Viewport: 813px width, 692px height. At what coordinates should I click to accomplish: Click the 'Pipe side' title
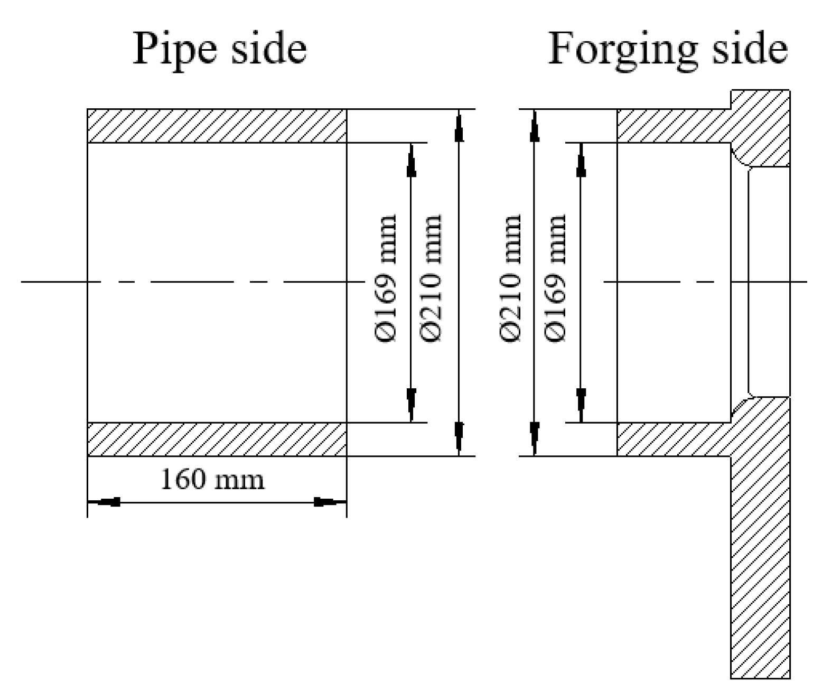click(219, 49)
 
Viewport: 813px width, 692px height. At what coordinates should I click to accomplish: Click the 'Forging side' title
click(668, 49)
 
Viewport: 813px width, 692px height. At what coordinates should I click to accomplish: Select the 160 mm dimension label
click(212, 480)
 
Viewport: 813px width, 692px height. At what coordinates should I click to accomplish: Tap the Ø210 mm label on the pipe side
click(432, 278)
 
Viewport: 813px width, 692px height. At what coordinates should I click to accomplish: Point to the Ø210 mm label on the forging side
click(510, 278)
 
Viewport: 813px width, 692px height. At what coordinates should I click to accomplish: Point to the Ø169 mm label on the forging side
click(556, 278)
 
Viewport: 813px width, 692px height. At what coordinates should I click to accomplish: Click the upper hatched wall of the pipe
click(217, 126)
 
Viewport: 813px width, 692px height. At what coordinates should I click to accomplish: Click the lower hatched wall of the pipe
click(217, 439)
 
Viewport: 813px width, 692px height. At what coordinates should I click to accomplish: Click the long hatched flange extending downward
click(760, 555)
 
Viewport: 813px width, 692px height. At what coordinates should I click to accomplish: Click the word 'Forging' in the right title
click(618, 49)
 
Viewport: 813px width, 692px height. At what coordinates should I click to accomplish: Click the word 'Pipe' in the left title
click(174, 49)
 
